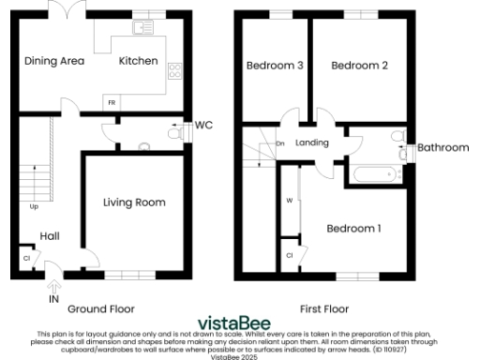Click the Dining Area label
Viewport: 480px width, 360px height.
pos(54,61)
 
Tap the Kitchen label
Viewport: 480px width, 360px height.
pos(137,61)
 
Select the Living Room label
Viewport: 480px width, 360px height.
pos(134,202)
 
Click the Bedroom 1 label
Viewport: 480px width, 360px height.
pos(353,228)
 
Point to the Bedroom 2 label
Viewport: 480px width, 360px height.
pos(359,66)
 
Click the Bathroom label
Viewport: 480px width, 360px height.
pos(442,147)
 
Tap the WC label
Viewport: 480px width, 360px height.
pos(203,125)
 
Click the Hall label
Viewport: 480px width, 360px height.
pos(50,237)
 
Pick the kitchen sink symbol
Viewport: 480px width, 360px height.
pos(143,27)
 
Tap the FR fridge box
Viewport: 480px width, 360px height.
pos(112,99)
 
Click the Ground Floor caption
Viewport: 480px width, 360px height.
pos(100,308)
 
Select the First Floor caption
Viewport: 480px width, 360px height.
pos(323,308)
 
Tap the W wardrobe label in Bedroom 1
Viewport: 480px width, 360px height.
pos(290,201)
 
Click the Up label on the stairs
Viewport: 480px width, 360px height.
pos(35,206)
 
